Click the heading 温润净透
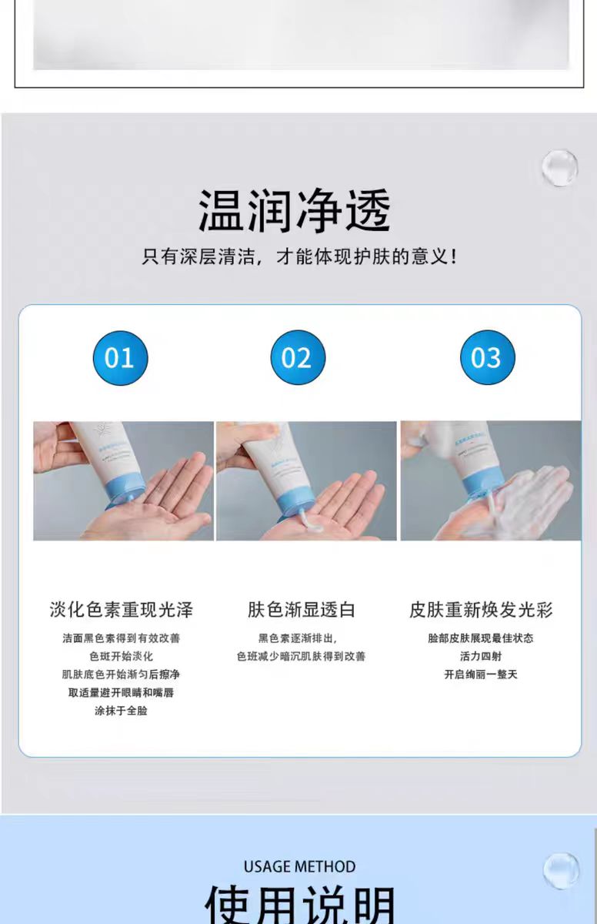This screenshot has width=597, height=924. (x=295, y=209)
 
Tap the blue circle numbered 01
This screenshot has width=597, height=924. (x=120, y=358)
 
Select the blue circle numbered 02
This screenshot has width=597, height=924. (x=298, y=358)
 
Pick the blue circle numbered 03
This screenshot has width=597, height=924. (x=487, y=358)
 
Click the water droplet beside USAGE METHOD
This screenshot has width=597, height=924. (x=561, y=871)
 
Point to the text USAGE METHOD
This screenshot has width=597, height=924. (x=299, y=866)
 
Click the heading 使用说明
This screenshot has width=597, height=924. (x=299, y=906)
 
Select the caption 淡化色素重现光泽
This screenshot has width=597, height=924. (x=122, y=610)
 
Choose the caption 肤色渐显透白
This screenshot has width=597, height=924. (x=301, y=610)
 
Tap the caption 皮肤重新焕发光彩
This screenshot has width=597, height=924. (x=481, y=610)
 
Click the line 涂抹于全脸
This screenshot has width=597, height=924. (x=122, y=711)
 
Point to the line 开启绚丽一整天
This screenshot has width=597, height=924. (x=481, y=675)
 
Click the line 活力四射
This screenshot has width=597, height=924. (x=481, y=656)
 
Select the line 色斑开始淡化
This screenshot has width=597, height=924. (x=122, y=656)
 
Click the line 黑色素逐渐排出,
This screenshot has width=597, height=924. (x=298, y=638)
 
